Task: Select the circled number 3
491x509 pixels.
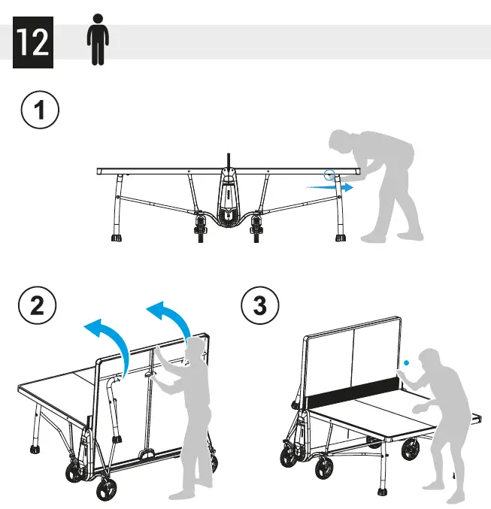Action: point(259,308)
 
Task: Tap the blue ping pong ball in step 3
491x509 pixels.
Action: point(406,362)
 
